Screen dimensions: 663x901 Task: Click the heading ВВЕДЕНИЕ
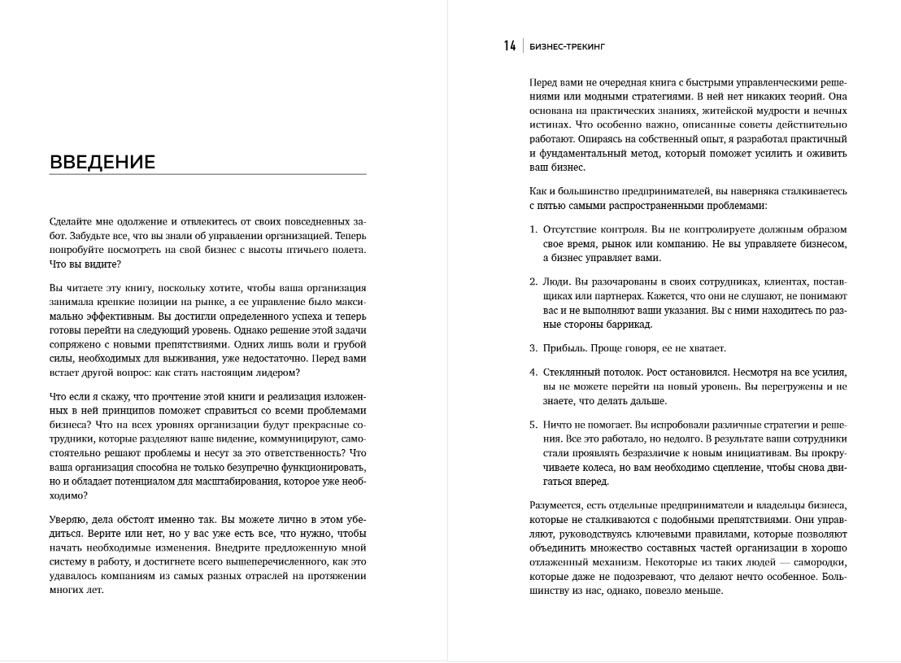102,162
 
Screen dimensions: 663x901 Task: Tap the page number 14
510,46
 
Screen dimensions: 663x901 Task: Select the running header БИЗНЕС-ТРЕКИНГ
567,47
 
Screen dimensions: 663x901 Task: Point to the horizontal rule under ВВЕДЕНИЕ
207,174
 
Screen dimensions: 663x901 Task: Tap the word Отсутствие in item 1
572,229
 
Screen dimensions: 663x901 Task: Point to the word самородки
816,563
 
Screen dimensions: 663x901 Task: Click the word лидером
279,373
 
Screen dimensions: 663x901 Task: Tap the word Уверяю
67,519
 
